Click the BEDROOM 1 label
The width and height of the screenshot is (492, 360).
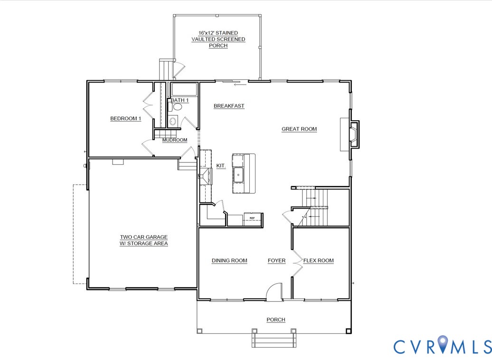point(125,119)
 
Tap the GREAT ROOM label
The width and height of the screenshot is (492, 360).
point(299,129)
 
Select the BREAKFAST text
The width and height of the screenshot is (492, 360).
point(229,106)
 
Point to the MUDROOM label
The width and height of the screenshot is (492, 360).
point(174,140)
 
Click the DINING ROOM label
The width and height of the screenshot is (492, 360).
point(229,260)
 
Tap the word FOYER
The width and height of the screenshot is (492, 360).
point(276,260)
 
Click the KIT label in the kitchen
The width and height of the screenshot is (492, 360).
point(220,166)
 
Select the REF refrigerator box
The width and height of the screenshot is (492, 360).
point(252,218)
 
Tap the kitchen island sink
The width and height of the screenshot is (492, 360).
point(238,175)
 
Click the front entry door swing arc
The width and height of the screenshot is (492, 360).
point(274,290)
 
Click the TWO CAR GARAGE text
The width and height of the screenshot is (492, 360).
point(143,240)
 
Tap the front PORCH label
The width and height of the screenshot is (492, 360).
point(275,320)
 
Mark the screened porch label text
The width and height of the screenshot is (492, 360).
point(218,39)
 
